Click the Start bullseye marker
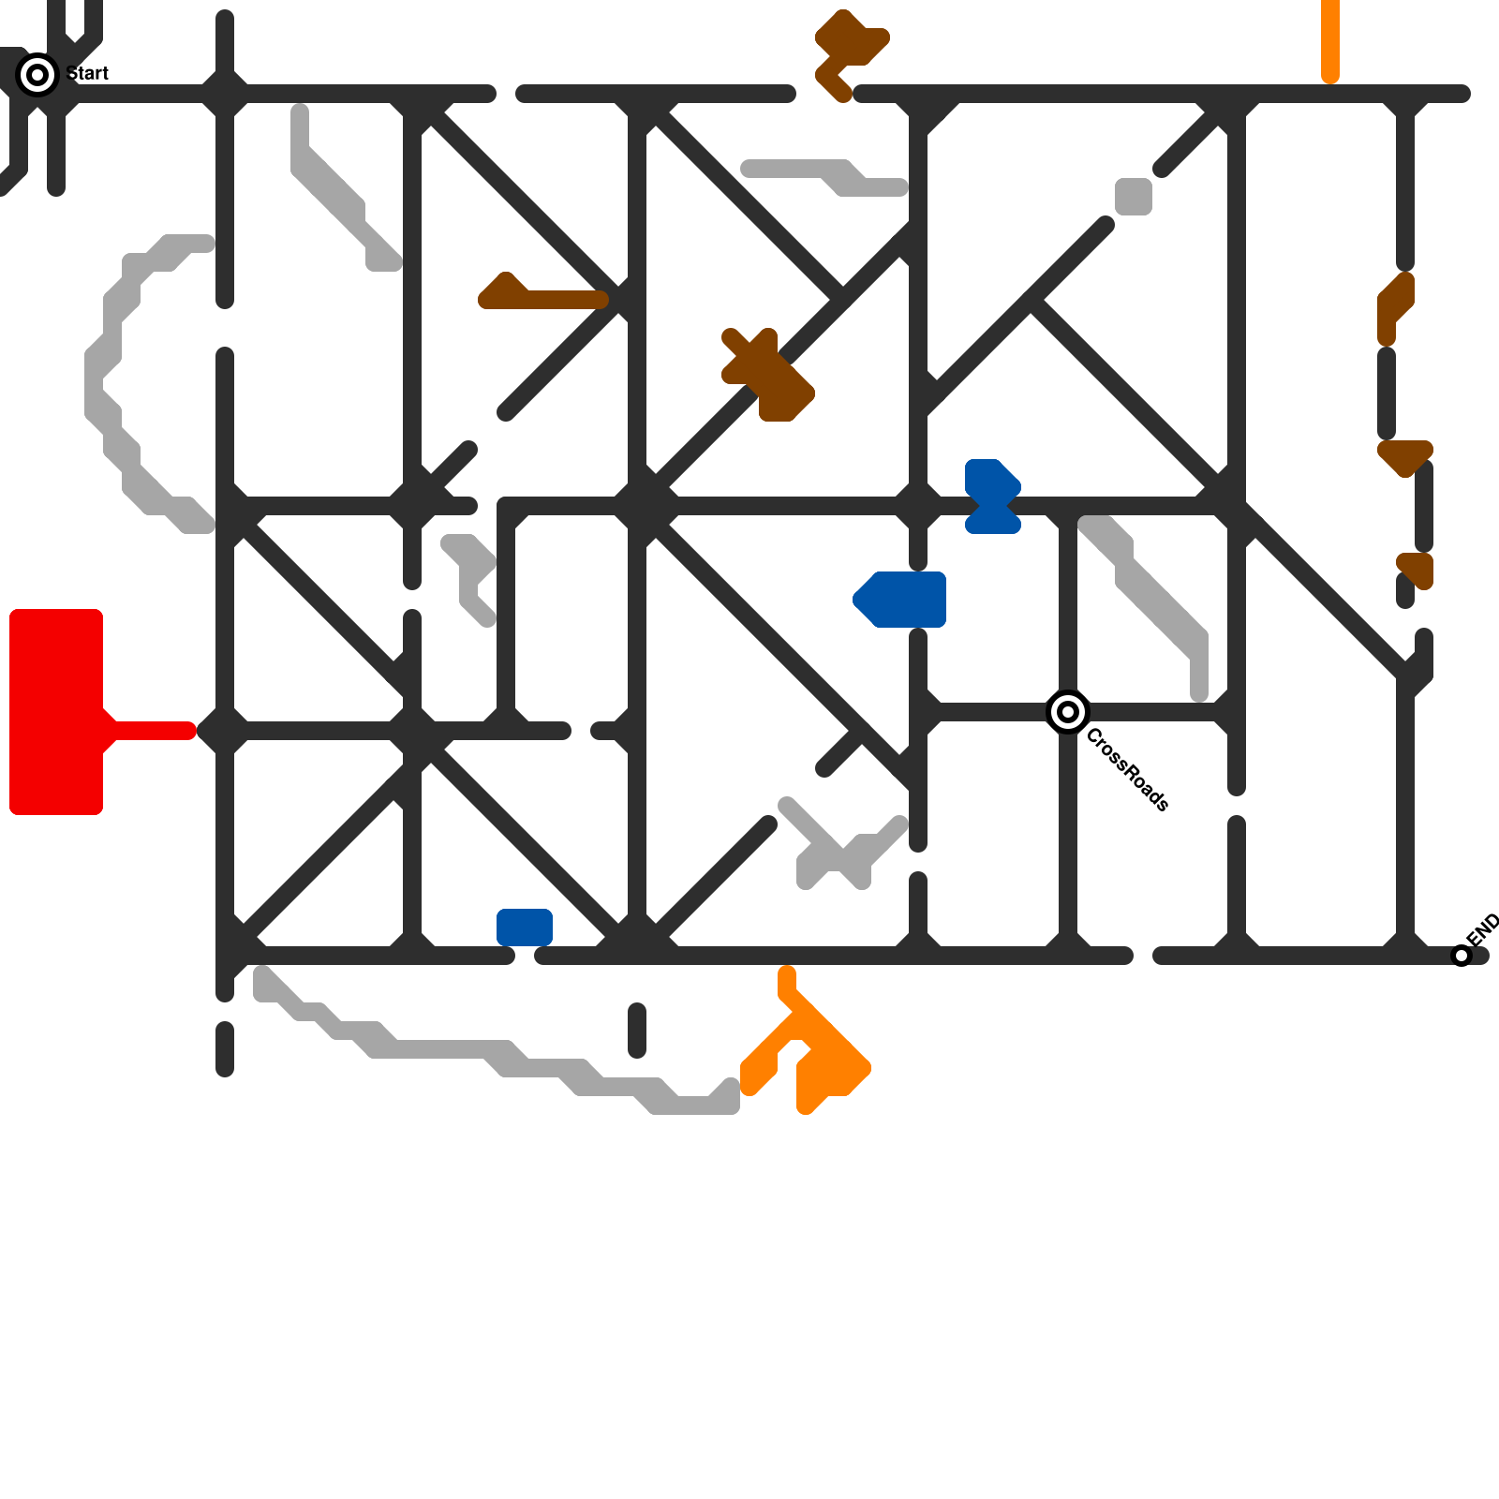tap(37, 75)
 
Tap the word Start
tap(89, 73)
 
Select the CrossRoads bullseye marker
tap(1067, 712)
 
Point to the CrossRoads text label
tap(1127, 769)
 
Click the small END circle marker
tap(1462, 956)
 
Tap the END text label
tap(1483, 929)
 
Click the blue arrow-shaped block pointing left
tap(901, 599)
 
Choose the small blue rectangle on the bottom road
tap(525, 927)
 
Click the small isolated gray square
tap(1134, 197)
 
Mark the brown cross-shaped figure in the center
tap(766, 375)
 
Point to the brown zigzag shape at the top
tap(848, 52)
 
